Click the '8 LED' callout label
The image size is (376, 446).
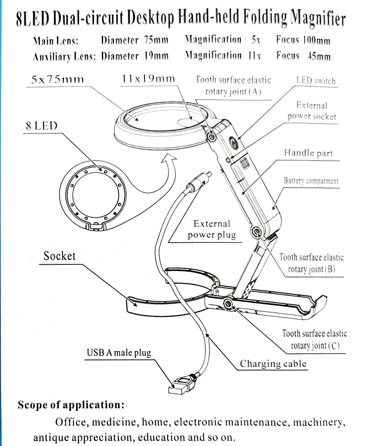(42, 126)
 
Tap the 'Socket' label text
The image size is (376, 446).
(59, 256)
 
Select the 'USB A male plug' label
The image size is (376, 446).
(119, 353)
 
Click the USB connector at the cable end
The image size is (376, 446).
(179, 386)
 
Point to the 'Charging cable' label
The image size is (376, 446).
(273, 363)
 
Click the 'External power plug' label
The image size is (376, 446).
(212, 229)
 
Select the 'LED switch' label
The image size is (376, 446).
(316, 81)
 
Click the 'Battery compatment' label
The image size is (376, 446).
(311, 181)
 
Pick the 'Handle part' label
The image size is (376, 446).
(308, 153)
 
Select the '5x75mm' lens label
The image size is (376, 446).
(58, 79)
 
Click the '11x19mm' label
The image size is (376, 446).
(148, 78)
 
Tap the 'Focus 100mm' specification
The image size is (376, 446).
(303, 40)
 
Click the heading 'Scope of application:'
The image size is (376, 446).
(71, 405)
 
